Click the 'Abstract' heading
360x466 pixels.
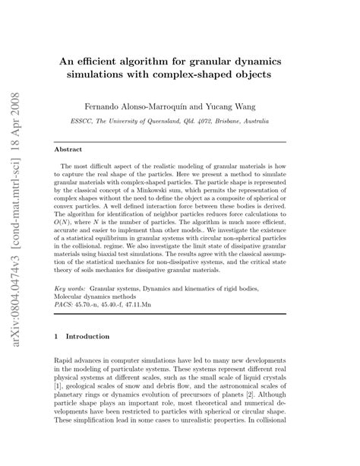tap(75, 150)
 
